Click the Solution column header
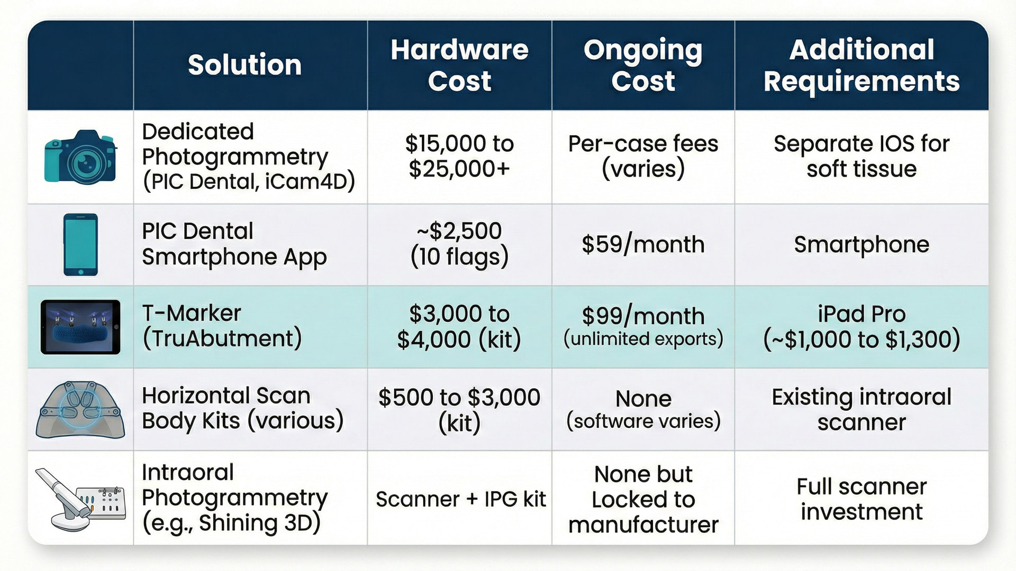pos(244,65)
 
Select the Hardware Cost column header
pos(459,65)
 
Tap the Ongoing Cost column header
pos(643,65)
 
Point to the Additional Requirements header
pos(861,65)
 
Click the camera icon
pos(80,157)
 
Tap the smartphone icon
pos(80,244)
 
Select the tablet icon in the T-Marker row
pos(80,327)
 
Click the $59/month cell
pos(643,244)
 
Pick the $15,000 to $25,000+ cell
pos(459,156)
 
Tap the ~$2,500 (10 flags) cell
pos(459,244)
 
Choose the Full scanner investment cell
pos(861,499)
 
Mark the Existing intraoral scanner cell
pos(861,409)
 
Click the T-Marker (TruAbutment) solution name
pos(222,326)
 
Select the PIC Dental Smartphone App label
pos(234,244)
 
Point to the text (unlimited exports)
pos(643,339)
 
